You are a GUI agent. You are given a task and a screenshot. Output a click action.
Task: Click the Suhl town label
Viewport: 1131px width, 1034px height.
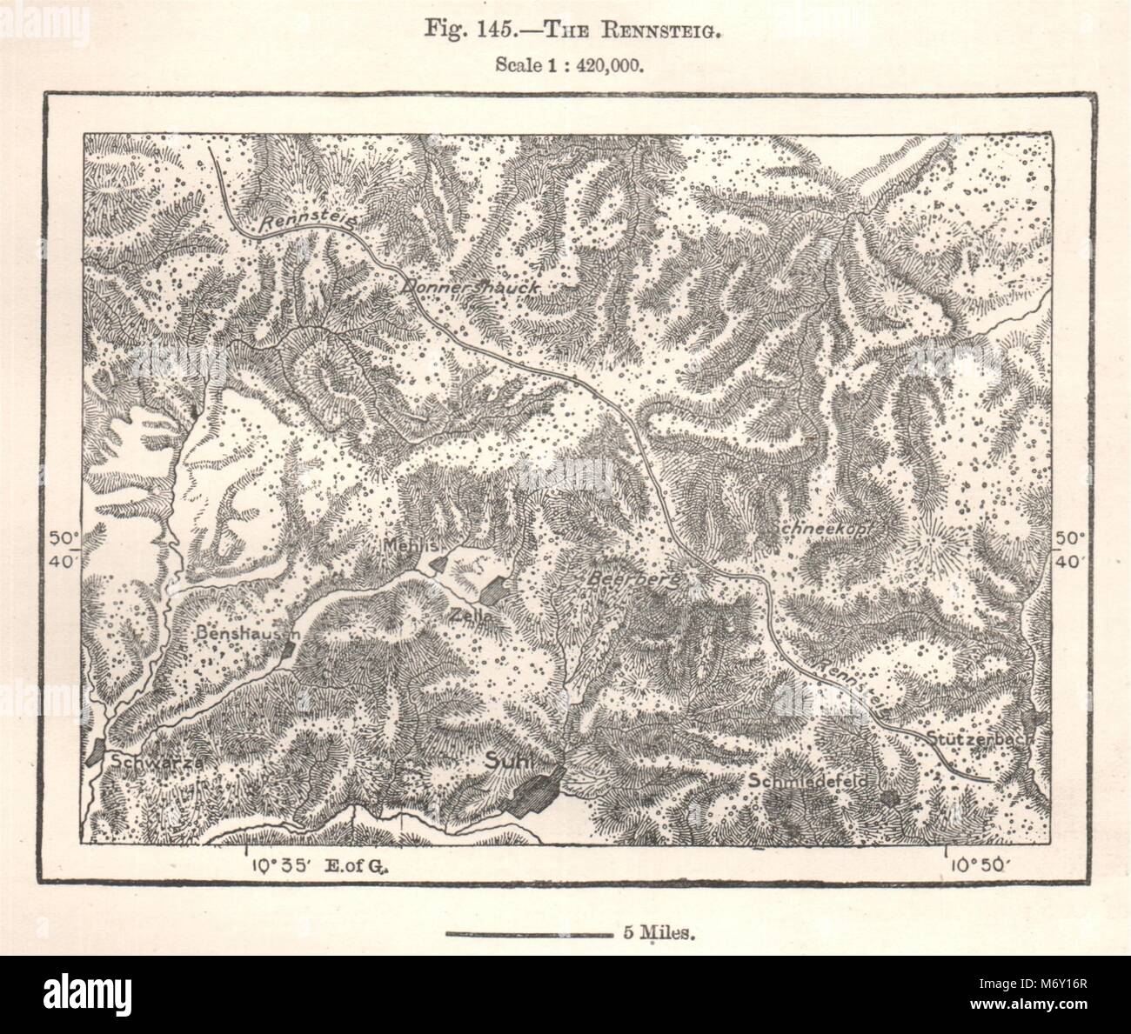(x=512, y=757)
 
